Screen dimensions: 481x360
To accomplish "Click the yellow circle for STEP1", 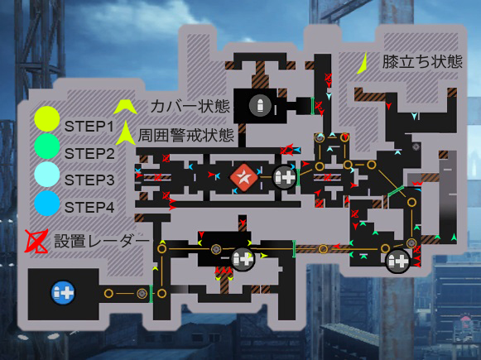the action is point(47,119).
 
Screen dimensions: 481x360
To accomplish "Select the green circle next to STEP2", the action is point(47,146).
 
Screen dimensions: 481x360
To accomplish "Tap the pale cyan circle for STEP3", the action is point(47,174).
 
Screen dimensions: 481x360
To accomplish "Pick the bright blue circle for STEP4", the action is point(47,204).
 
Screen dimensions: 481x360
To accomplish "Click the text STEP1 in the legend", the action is point(89,127).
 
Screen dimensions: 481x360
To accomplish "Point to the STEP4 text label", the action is point(89,208).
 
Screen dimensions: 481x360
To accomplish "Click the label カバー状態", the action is point(190,107).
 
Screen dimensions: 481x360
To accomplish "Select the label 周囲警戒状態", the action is point(186,135).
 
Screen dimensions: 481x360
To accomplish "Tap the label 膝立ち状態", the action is point(422,62).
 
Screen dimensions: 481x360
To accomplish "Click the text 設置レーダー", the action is point(102,241).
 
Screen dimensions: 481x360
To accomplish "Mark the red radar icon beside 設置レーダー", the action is point(36,242).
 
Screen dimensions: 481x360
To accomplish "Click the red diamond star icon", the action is point(244,178).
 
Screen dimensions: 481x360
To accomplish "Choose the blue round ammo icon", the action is point(63,292).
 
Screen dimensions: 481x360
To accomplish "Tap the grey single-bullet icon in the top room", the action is point(260,105).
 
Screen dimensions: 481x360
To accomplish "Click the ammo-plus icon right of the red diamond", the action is point(284,177).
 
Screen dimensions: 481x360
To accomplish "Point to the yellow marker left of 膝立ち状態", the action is point(363,64).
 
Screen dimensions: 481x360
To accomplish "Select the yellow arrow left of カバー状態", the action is point(125,107).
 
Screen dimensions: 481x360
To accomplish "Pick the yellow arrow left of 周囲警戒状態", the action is point(126,133).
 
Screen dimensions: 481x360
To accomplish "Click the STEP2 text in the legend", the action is point(89,154).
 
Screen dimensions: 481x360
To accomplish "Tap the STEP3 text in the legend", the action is point(89,180).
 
